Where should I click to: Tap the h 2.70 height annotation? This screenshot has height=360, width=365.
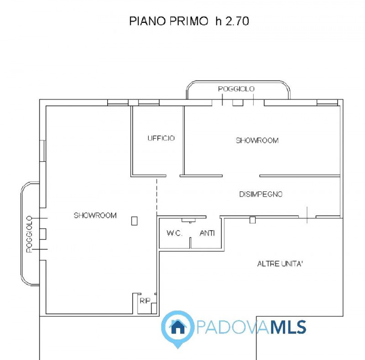[x=232, y=21]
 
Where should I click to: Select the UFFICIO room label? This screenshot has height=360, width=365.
[x=161, y=138]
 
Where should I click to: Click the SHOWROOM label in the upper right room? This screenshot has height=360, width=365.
[x=257, y=140]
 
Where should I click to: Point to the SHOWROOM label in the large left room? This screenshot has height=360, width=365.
[x=95, y=215]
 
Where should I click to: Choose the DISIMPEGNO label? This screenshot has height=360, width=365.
[x=261, y=194]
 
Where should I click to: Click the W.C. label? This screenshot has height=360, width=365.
[x=174, y=233]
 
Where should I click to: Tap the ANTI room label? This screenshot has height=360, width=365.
[x=207, y=233]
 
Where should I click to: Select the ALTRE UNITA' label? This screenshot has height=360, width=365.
[x=280, y=264]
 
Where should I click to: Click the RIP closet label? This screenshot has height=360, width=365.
[x=145, y=301]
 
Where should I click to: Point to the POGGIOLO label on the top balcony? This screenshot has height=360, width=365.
[x=236, y=89]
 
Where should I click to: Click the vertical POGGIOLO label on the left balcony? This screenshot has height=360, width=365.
[x=29, y=234]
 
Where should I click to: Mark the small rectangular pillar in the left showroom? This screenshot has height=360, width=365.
[x=134, y=220]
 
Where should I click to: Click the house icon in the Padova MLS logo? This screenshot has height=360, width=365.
[x=177, y=326]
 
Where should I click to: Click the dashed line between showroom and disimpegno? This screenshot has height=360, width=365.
[x=156, y=196]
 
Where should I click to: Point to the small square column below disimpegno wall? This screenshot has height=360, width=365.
[x=252, y=220]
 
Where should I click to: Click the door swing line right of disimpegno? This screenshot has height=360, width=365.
[x=307, y=215]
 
